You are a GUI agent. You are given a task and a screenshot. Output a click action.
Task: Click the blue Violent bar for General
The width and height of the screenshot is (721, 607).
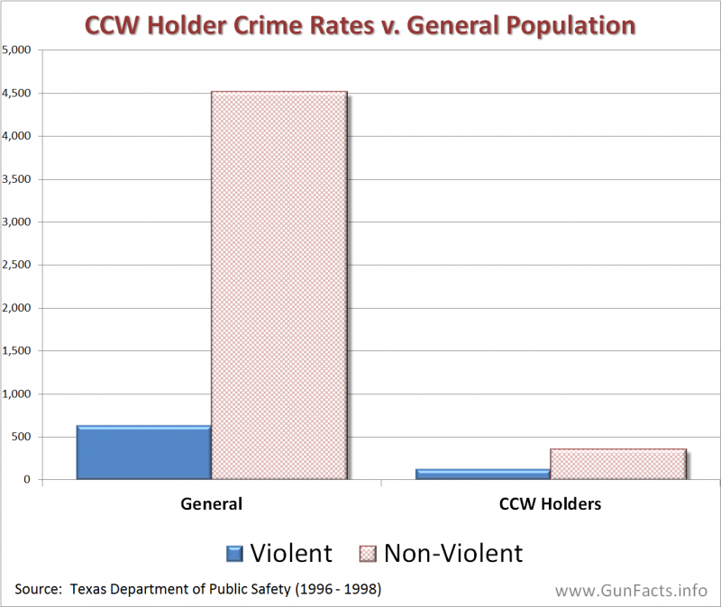click(x=143, y=452)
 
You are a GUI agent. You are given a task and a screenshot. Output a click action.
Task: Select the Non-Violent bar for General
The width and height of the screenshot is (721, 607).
click(x=278, y=285)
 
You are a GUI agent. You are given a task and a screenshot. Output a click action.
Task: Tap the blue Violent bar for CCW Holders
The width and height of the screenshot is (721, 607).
click(x=482, y=474)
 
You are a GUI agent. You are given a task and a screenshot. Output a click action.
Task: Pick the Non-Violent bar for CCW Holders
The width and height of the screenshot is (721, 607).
click(x=617, y=464)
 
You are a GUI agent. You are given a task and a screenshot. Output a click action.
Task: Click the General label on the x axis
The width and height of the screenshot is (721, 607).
click(x=212, y=503)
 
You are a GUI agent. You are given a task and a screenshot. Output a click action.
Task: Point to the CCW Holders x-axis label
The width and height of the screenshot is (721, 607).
click(x=550, y=503)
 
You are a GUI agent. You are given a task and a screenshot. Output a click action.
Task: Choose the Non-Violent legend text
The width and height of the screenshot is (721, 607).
click(x=452, y=552)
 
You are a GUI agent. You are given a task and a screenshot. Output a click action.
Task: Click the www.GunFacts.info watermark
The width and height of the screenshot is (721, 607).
click(x=631, y=591)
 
